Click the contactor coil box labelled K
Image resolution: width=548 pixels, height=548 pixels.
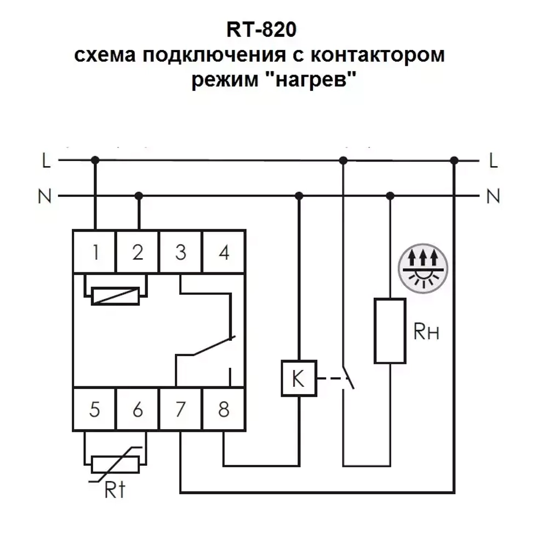(x=299, y=378)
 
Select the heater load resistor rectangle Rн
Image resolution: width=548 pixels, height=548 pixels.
(x=390, y=330)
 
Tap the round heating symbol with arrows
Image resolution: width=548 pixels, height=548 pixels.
(x=423, y=268)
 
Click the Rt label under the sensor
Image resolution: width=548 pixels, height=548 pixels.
(x=115, y=489)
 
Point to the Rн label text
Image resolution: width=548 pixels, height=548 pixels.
(x=428, y=332)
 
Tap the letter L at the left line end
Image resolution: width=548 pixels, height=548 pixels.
(x=47, y=161)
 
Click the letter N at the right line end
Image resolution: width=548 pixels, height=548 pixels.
(x=493, y=196)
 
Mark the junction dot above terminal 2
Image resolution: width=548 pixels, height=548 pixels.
(x=139, y=196)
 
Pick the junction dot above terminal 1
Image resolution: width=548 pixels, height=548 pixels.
(x=95, y=160)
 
